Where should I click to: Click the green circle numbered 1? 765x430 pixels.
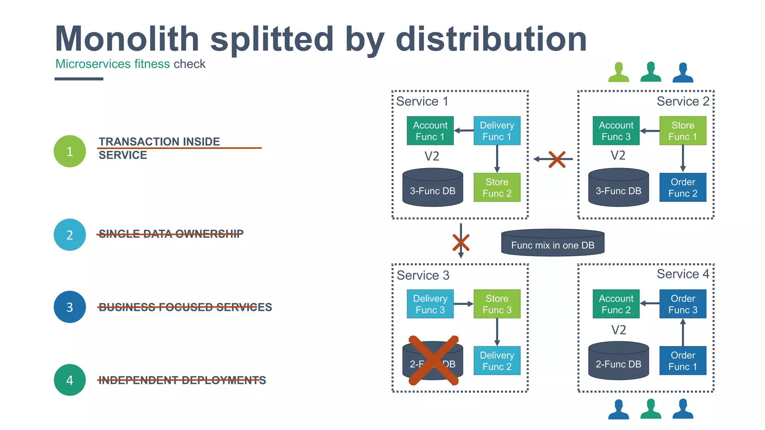coord(70,151)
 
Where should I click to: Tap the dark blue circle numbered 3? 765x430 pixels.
coord(70,307)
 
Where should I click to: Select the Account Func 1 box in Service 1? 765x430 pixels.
coord(430,131)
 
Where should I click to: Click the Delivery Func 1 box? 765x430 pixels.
coord(497,131)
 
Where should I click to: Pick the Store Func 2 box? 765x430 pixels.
coord(497,187)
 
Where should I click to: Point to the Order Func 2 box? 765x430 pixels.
coord(682,187)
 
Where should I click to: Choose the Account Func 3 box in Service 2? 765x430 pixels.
coord(616,131)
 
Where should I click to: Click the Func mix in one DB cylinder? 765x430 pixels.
coord(552,243)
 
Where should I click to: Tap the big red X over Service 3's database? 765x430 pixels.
coord(433,361)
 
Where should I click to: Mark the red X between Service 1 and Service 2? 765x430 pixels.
coord(557,159)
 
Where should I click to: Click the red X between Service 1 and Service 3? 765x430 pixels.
coord(461,243)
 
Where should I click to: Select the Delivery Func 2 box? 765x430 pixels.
coord(497,361)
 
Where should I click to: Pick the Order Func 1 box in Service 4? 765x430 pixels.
coord(682,361)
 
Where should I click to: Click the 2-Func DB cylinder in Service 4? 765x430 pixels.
coord(618,361)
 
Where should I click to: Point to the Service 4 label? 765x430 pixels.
coord(682,274)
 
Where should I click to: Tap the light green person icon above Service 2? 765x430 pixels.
coord(619,72)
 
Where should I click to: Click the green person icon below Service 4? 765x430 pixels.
coord(651,409)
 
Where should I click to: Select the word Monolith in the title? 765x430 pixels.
coord(127,39)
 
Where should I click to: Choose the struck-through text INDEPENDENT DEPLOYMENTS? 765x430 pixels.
coord(182,380)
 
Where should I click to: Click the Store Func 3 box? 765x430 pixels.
coord(497,304)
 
